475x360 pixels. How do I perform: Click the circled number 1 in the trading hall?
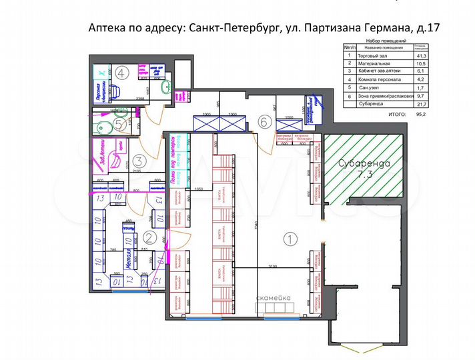tap(289, 237)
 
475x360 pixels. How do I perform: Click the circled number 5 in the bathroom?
tap(118, 123)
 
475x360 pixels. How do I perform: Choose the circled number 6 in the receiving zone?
tap(264, 121)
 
